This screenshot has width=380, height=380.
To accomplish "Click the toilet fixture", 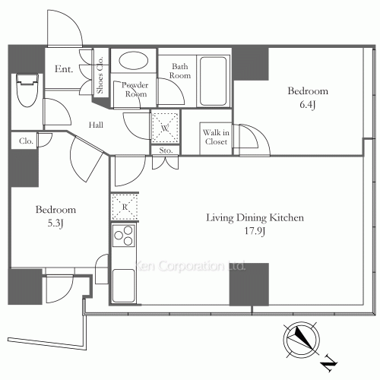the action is click(27, 90).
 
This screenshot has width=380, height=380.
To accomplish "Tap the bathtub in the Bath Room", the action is click(213, 81).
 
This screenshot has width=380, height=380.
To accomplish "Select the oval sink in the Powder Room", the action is click(134, 61).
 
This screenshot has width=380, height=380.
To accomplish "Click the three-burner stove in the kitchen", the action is click(123, 236).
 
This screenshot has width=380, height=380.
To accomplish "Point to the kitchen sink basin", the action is click(123, 286).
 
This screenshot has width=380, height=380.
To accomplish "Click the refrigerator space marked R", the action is click(125, 207).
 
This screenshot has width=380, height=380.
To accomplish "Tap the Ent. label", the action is click(64, 69).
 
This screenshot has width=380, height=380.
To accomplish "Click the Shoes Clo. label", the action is click(100, 74).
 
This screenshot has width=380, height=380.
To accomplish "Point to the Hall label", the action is click(96, 125).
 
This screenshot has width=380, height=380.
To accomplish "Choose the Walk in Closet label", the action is click(216, 137).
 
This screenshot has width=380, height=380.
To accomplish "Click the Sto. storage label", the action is click(166, 150).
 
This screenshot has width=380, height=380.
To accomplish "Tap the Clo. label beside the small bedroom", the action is click(26, 141).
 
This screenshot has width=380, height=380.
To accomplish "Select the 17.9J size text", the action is click(255, 231).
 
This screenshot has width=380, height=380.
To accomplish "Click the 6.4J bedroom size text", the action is click(308, 105).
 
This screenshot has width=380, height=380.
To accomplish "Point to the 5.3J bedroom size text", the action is click(55, 223).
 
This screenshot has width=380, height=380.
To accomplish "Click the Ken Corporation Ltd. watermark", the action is click(189, 266).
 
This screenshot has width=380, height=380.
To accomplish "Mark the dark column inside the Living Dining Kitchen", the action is click(249, 284).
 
